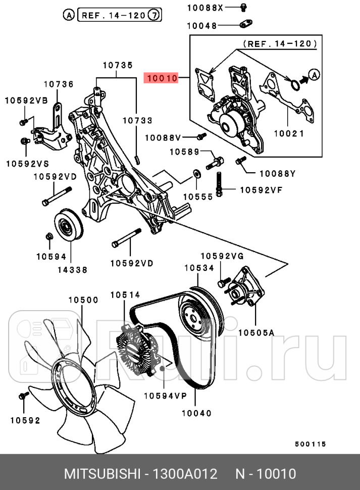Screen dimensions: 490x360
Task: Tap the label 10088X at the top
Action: [205, 8]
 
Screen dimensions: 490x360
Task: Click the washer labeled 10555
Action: [196, 174]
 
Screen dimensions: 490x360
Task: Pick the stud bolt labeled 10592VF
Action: [219, 184]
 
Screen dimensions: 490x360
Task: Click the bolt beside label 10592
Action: [23, 397]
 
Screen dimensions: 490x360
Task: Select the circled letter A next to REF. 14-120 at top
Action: [68, 15]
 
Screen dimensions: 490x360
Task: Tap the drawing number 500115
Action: [310, 444]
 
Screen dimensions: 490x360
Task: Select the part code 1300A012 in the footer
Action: [185, 474]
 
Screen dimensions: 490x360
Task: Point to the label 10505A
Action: [256, 332]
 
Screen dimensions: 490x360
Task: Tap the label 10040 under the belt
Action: [197, 413]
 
